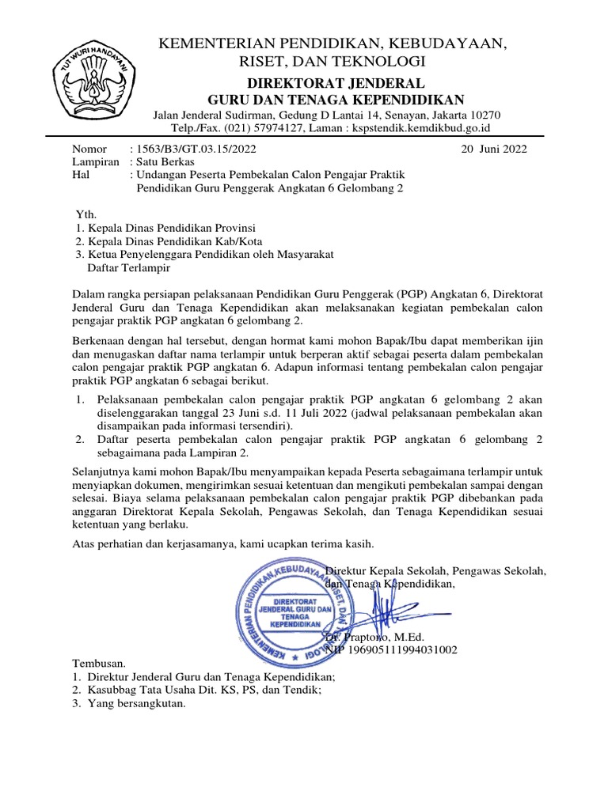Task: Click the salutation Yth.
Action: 84,214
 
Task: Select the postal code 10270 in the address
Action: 484,115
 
